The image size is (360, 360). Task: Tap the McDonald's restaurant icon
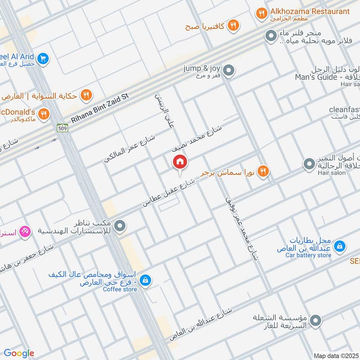[44, 114]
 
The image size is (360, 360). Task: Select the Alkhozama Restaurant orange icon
[261, 14]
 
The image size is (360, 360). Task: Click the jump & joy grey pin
[229, 70]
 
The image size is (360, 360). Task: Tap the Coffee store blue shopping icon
[145, 280]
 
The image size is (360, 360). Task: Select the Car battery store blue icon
[341, 246]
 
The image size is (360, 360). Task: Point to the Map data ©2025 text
[335, 355]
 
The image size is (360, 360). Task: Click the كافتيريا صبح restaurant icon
[233, 25]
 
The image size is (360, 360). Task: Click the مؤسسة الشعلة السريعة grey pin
[316, 320]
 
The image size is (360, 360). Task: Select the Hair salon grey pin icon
[309, 164]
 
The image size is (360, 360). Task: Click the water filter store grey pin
[271, 35]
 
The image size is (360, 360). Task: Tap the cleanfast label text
[344, 109]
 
